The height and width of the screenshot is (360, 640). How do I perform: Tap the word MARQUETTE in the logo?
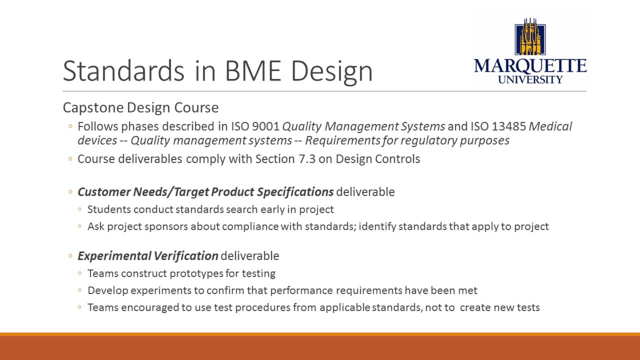(x=530, y=65)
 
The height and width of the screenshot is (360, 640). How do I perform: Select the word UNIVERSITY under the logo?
(x=530, y=79)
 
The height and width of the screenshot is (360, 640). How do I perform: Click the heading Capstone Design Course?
(x=140, y=107)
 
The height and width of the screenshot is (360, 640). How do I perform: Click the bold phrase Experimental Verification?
(x=148, y=256)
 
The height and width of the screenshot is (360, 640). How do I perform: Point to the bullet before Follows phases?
(x=71, y=126)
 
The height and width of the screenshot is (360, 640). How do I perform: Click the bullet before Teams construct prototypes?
(x=80, y=274)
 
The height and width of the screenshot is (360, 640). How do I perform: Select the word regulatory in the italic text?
(x=430, y=140)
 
